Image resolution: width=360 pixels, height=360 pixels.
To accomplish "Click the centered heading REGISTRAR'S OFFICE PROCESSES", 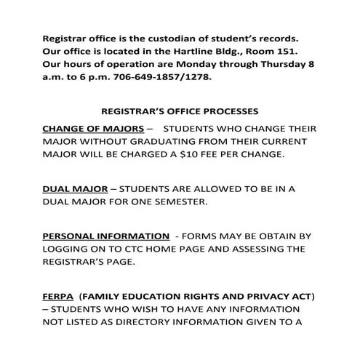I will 180,113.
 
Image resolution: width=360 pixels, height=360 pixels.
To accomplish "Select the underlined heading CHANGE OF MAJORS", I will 93,128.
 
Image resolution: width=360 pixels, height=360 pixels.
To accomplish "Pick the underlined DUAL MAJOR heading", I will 75,188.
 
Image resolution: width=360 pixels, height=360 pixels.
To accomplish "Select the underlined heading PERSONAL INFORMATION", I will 105,236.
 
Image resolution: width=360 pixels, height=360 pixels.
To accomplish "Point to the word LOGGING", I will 70,249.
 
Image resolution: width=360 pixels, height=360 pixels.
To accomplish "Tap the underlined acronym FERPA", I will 58,297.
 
